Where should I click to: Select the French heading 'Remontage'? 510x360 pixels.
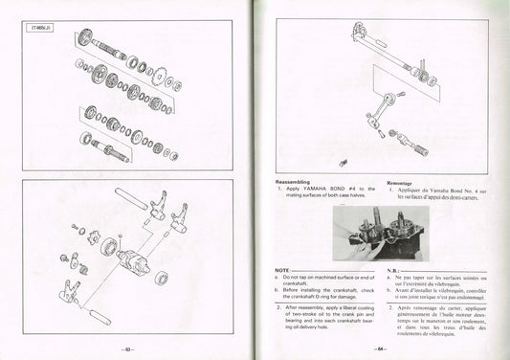pos(402,182)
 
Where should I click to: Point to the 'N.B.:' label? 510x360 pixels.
pos(395,271)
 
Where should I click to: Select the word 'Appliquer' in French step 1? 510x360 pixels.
pos(415,190)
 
